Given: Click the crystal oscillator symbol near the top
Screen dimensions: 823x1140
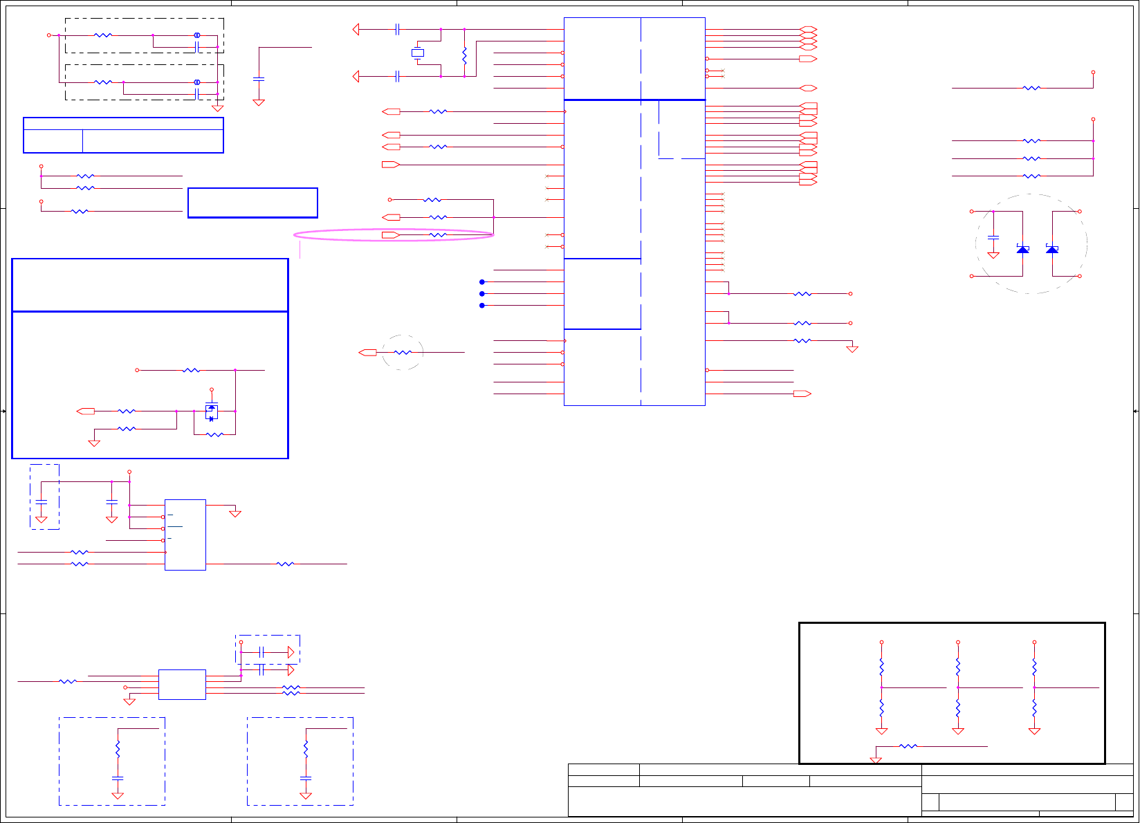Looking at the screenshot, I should click(x=418, y=53).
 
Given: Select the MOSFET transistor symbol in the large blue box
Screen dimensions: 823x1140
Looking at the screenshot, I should click(x=212, y=411).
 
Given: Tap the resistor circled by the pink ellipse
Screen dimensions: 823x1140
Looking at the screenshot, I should click(x=438, y=235).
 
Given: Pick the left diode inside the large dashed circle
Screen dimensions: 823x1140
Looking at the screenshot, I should click(x=1022, y=249).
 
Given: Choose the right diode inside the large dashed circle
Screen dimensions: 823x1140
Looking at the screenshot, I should click(x=1052, y=249).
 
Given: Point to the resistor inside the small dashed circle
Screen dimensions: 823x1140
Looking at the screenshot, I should click(x=403, y=353).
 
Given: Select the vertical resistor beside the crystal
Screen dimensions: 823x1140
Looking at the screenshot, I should click(x=464, y=55).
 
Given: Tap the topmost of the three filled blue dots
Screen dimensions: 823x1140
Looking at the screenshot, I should click(x=482, y=282).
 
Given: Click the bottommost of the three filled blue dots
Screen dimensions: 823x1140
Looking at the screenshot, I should click(x=482, y=305).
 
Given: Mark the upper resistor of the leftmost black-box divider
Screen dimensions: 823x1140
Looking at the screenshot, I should click(x=882, y=667).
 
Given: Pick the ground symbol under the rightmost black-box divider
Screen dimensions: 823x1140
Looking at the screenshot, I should click(x=1034, y=731).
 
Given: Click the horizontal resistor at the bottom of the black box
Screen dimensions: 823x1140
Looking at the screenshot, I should click(x=908, y=746).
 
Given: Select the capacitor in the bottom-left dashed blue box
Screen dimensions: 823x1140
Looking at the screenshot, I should click(x=118, y=778).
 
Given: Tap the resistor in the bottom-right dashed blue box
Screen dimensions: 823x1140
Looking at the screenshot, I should click(x=306, y=749).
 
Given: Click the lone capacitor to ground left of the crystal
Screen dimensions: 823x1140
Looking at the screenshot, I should click(x=259, y=80).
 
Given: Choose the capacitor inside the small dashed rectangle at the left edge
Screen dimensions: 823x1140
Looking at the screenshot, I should click(x=42, y=501).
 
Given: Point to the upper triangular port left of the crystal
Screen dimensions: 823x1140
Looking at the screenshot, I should click(x=356, y=30).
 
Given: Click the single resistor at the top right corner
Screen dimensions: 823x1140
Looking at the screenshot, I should click(x=1031, y=88).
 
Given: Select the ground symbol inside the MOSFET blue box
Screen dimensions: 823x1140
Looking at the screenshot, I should click(x=95, y=443).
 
